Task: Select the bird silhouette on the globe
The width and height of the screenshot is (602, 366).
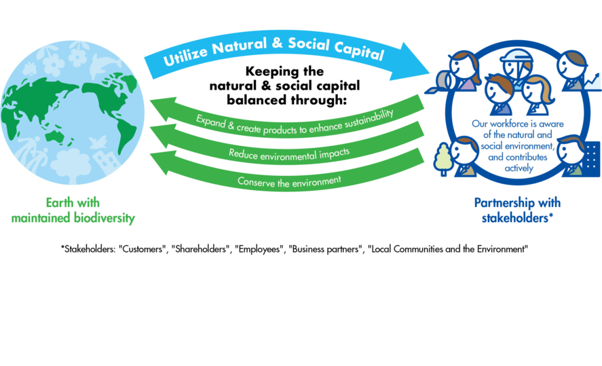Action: [x=98, y=142]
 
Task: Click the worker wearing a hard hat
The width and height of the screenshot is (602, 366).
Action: [x=517, y=67]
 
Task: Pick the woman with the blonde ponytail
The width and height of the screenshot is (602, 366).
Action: [x=538, y=95]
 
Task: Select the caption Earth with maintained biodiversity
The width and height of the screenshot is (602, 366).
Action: [x=73, y=210]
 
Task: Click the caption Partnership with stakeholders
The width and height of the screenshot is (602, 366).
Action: [x=517, y=210]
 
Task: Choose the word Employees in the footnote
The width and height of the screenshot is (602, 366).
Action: [x=259, y=249]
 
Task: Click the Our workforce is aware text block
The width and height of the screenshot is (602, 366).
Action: [x=518, y=146]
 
